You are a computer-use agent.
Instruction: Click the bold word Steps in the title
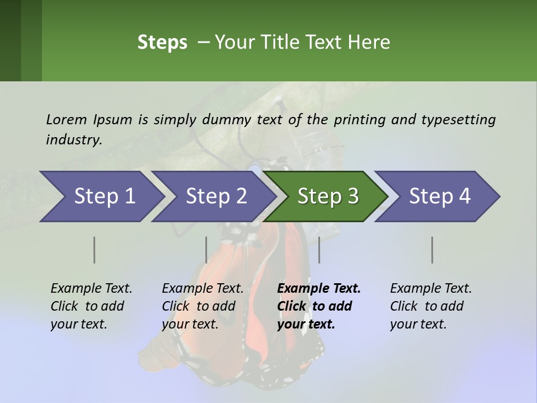pos(162,43)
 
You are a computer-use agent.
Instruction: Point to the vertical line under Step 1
pos(95,250)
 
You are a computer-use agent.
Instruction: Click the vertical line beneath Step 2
pos(206,250)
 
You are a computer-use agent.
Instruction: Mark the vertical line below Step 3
pos(319,250)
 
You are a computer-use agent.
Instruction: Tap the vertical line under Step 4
pos(432,250)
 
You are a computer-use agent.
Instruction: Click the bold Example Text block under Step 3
pos(319,306)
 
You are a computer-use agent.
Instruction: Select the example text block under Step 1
pos(91,306)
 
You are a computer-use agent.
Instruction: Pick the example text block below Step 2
pos(202,306)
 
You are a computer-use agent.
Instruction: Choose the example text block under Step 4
pos(431,306)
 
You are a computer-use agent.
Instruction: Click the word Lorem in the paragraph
pos(67,119)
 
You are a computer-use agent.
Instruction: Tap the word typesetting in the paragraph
pos(458,119)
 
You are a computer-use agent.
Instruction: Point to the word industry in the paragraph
pos(73,140)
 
